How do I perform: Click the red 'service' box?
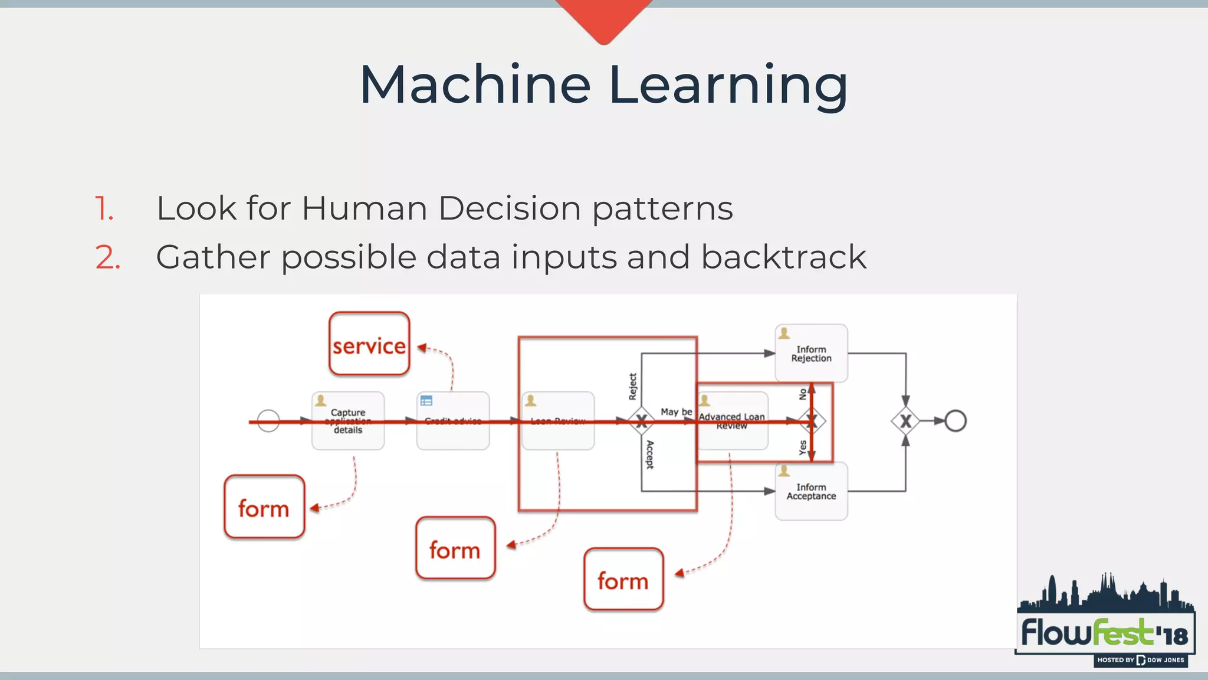click(369, 344)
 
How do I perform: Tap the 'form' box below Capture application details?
click(264, 507)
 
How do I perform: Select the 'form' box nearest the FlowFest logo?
click(623, 580)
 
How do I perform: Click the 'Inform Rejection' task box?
click(811, 354)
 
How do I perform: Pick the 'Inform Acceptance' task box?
click(811, 491)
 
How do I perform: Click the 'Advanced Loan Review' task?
click(732, 421)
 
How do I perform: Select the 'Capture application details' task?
click(348, 421)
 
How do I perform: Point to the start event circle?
click(268, 421)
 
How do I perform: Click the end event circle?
click(956, 421)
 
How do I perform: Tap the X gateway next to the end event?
click(905, 421)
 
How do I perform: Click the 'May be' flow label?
click(676, 411)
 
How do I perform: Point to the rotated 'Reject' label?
click(633, 387)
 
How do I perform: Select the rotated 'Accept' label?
click(649, 455)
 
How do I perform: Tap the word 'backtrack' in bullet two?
click(783, 257)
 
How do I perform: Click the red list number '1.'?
click(104, 209)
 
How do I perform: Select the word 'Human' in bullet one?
click(365, 208)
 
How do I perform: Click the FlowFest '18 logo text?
click(1104, 634)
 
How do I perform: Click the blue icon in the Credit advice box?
click(426, 401)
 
